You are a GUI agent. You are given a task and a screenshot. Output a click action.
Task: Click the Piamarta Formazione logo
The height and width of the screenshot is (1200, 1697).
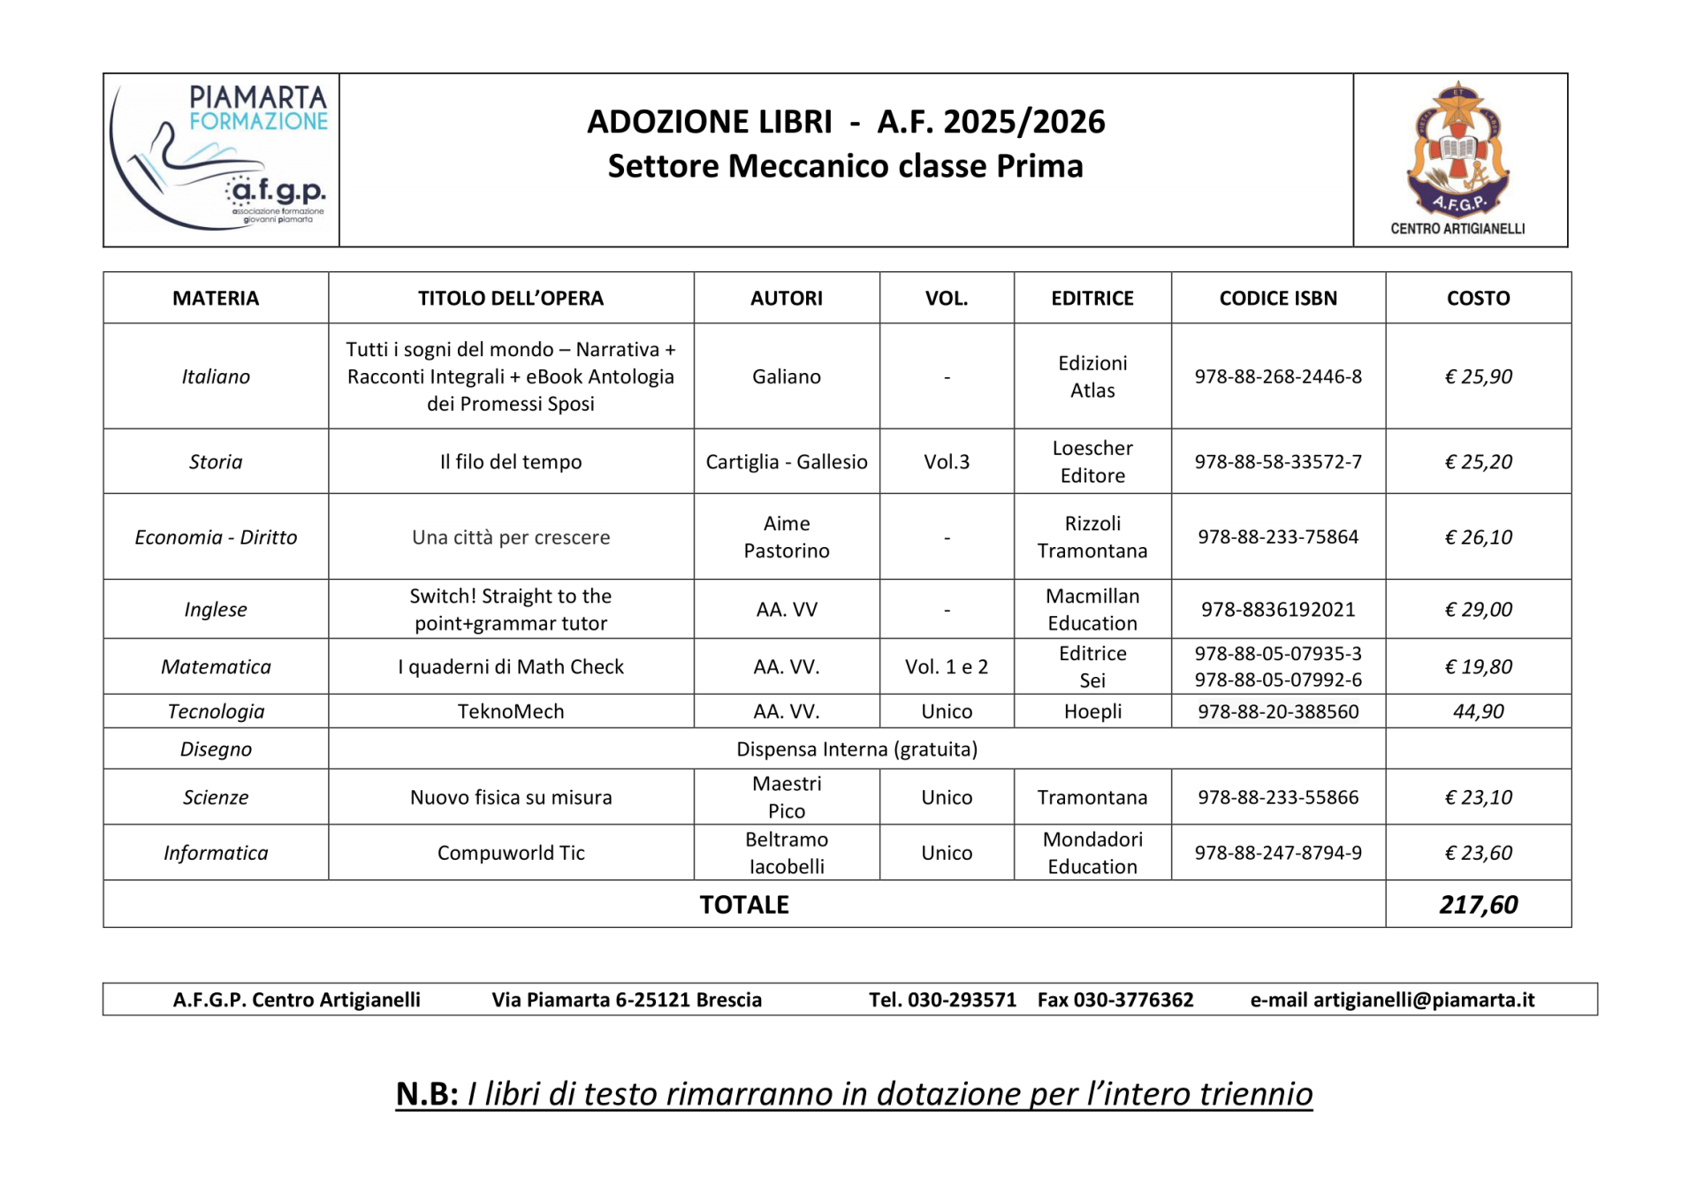[x=221, y=159]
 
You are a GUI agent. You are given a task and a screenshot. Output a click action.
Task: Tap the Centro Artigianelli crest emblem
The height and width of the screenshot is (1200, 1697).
[x=1458, y=150]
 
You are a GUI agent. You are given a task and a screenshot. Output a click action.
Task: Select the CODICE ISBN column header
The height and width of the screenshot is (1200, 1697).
[x=1278, y=299]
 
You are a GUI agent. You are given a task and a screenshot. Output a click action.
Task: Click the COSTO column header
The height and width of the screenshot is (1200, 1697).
[x=1478, y=299]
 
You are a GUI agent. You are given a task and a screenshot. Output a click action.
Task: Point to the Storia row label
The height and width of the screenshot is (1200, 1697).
[x=216, y=462]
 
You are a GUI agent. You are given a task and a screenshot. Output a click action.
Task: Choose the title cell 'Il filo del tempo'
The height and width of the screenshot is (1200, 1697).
[x=511, y=462]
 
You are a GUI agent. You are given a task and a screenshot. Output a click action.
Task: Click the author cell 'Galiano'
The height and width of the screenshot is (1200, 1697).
[x=787, y=377]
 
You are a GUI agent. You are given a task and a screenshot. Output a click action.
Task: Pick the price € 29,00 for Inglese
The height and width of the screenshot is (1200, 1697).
[x=1478, y=610]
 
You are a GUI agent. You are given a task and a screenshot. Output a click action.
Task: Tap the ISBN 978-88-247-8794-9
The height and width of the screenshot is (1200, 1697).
[x=1278, y=853]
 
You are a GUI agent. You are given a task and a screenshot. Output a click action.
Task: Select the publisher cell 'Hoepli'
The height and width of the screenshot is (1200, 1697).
[x=1092, y=712]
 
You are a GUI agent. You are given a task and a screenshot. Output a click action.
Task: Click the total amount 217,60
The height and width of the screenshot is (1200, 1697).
[x=1478, y=905]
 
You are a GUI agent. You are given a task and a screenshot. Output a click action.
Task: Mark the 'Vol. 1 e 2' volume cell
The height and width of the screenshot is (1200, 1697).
[x=947, y=667]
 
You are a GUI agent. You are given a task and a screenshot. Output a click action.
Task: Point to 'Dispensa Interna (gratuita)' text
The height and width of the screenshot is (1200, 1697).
[x=856, y=750]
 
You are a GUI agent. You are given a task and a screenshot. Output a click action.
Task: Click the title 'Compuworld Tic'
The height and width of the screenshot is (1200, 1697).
[x=511, y=854]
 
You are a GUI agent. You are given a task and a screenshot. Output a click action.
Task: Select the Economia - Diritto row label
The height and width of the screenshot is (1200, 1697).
[x=216, y=538]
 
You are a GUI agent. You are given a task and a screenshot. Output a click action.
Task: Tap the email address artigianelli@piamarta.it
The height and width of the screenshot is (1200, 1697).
[x=1423, y=1000]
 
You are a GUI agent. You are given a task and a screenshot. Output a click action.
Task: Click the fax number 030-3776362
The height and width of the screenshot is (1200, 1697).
[x=1133, y=1000]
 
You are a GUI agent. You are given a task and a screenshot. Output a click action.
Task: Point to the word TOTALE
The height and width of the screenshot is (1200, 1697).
[x=744, y=905]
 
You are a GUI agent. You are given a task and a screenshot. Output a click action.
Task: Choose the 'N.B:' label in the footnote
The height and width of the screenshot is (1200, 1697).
[x=427, y=1094]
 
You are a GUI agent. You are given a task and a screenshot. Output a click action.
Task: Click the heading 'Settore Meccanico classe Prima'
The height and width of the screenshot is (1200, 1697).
[x=845, y=166]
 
